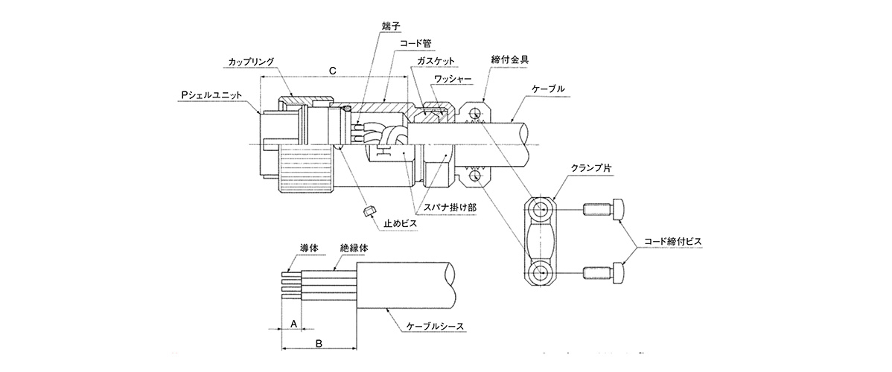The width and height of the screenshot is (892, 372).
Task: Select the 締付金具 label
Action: click(x=510, y=59)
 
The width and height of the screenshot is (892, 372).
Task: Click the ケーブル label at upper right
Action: click(x=547, y=88)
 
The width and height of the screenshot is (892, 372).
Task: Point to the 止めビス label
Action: click(x=399, y=222)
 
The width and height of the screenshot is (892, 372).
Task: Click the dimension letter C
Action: click(x=333, y=70)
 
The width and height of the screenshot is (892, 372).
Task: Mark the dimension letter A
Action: click(x=294, y=324)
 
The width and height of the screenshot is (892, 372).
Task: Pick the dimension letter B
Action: click(x=319, y=343)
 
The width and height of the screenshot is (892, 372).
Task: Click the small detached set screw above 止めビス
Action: click(x=369, y=212)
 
